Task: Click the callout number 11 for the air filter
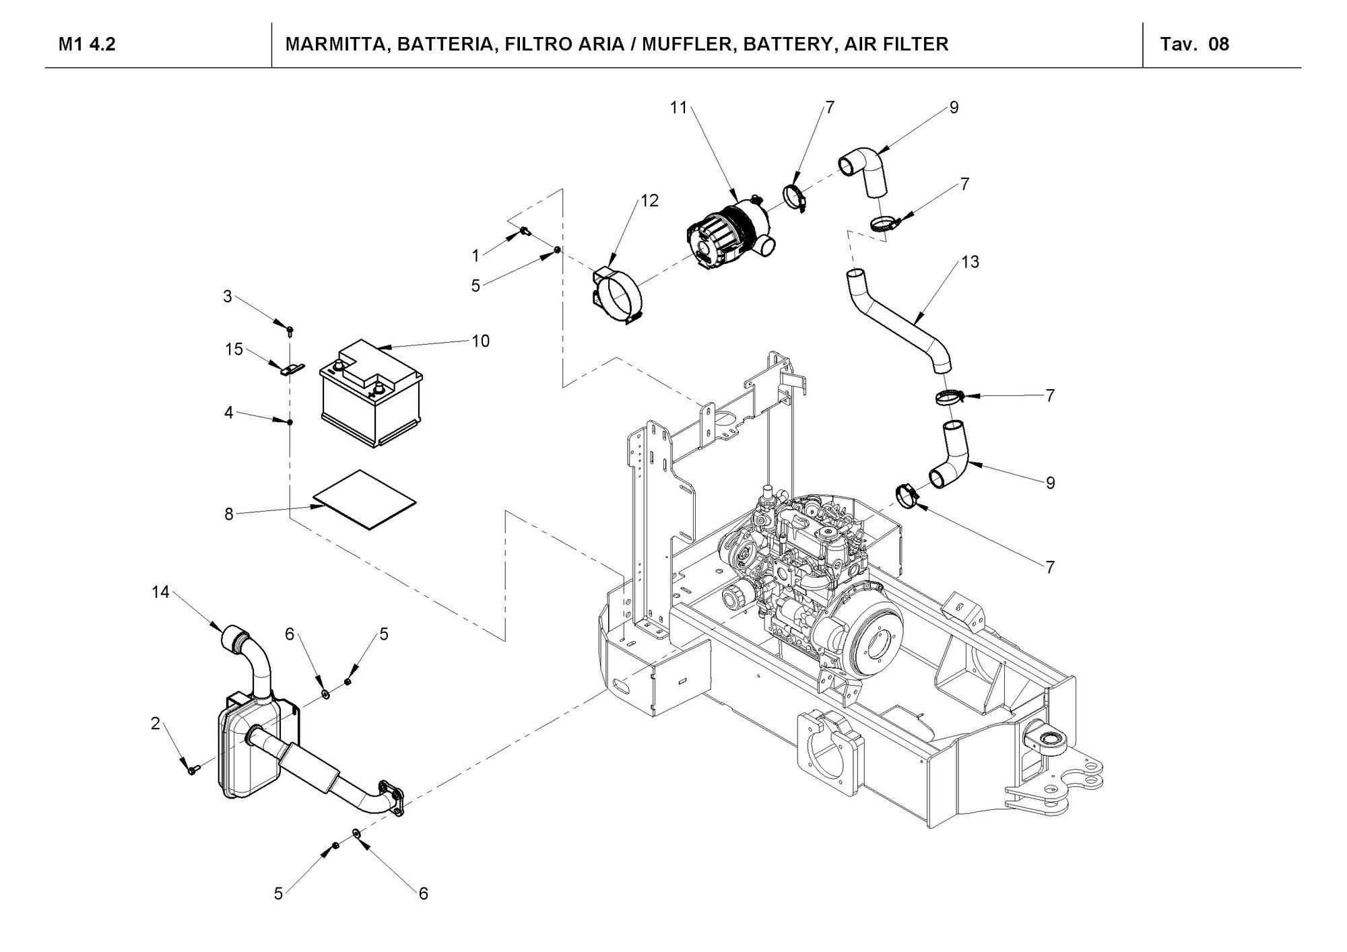[x=678, y=107]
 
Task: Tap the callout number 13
[x=970, y=262]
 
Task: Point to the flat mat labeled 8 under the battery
[x=365, y=500]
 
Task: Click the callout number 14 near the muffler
[x=160, y=592]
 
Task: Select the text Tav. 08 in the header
[x=1195, y=44]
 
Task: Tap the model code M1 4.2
[x=87, y=44]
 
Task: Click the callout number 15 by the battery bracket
[x=234, y=349]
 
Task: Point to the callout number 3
[x=228, y=296]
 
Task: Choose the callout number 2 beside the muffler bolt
[x=156, y=724]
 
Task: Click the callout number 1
[x=476, y=256]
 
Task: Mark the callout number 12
[x=650, y=201]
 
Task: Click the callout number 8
[x=229, y=514]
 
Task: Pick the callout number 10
[x=480, y=341]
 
